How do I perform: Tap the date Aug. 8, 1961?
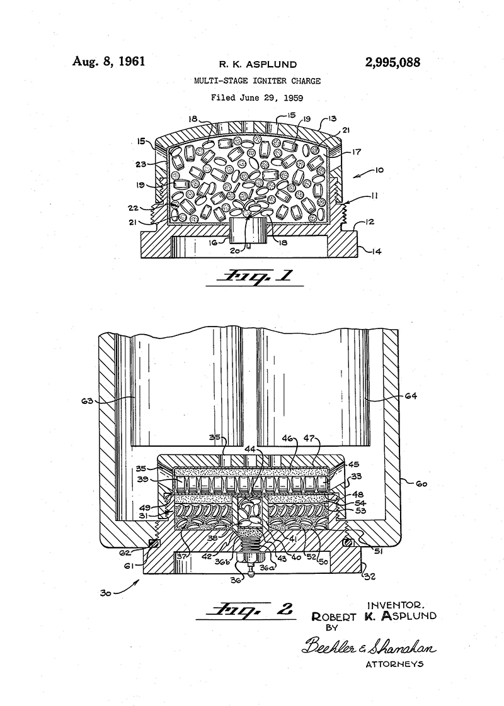[109, 61]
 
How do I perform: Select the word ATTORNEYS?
[394, 663]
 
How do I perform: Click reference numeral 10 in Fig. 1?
[379, 170]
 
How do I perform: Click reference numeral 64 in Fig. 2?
[410, 396]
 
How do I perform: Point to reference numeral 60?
[420, 485]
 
